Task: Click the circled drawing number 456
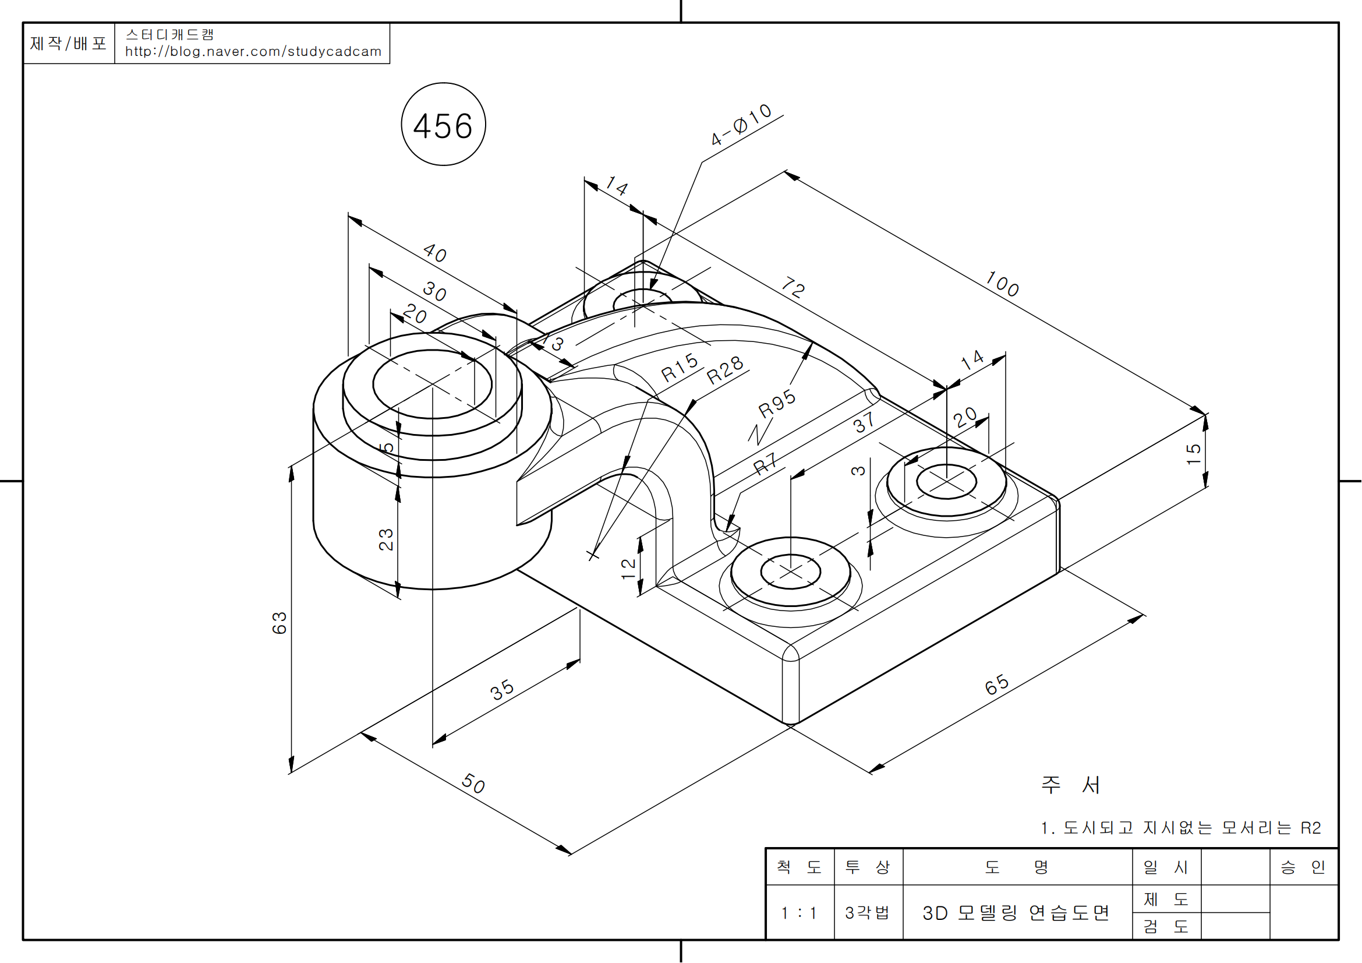(x=443, y=126)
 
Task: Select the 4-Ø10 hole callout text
(x=741, y=124)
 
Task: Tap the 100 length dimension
(x=1002, y=284)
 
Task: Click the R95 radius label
(x=777, y=403)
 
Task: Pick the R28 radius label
(x=725, y=371)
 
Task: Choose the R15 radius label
(x=680, y=367)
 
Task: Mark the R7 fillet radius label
(x=765, y=463)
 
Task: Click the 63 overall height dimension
(x=280, y=622)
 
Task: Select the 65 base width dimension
(x=996, y=684)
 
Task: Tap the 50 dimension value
(x=473, y=783)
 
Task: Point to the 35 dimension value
(x=502, y=689)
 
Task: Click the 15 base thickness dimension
(x=1194, y=454)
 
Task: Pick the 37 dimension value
(x=864, y=422)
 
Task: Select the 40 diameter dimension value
(x=435, y=253)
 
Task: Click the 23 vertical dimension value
(x=385, y=539)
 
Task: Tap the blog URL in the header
(x=253, y=52)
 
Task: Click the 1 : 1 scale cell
(x=799, y=912)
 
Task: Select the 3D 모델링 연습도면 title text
(x=1016, y=912)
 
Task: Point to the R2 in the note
(x=1310, y=828)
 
